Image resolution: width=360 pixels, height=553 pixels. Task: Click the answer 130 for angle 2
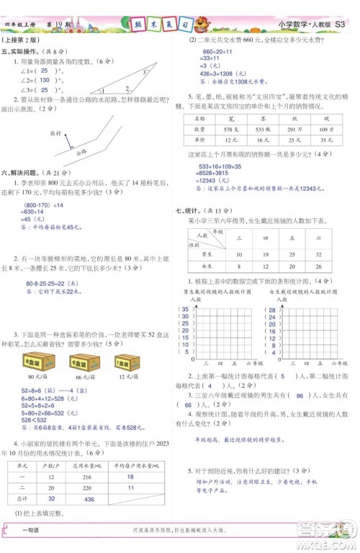pyautogui.click(x=44, y=80)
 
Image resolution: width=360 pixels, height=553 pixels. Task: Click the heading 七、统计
pyautogui.click(x=191, y=210)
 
